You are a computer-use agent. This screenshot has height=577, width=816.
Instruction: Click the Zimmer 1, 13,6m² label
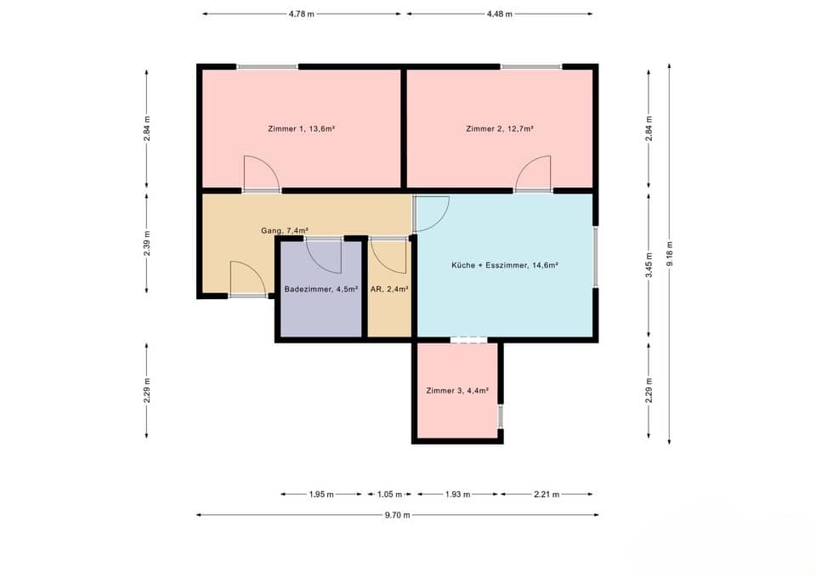click(300, 129)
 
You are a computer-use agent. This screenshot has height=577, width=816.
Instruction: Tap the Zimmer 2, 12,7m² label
click(500, 129)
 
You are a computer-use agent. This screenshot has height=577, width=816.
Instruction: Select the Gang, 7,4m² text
click(284, 230)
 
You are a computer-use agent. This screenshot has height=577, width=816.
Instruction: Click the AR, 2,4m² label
click(389, 289)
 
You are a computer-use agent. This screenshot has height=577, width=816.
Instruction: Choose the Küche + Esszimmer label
click(504, 265)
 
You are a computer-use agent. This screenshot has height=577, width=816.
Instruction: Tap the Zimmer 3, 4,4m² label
click(457, 391)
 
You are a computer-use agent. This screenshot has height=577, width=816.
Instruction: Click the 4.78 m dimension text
click(301, 14)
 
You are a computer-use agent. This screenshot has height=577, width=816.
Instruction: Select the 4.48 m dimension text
click(498, 14)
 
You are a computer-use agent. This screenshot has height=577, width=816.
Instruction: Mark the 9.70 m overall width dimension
click(396, 515)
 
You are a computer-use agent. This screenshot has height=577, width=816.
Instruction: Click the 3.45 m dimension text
click(649, 265)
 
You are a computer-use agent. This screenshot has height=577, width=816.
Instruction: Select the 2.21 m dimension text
click(547, 494)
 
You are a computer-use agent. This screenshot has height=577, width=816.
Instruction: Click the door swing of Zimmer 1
click(260, 173)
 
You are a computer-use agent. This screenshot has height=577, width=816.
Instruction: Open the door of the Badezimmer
click(323, 253)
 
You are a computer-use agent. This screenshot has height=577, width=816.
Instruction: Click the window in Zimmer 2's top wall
click(530, 66)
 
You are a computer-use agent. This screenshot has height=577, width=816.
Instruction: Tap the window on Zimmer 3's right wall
click(500, 416)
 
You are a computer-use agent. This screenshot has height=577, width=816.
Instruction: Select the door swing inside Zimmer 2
click(534, 173)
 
